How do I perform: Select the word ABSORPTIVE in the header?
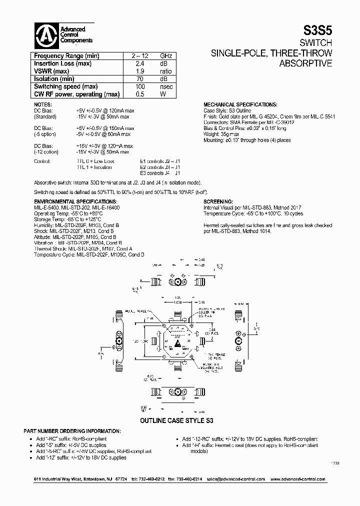(x=304, y=63)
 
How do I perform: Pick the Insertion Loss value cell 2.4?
(x=140, y=63)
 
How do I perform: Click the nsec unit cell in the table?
(x=166, y=86)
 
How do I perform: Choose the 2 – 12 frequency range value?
(x=140, y=56)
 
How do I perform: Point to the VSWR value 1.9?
(x=140, y=71)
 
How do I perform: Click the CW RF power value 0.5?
(x=140, y=94)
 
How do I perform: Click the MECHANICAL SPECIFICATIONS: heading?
(x=240, y=104)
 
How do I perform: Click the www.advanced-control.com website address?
(x=297, y=479)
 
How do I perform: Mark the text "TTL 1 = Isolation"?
(x=94, y=167)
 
